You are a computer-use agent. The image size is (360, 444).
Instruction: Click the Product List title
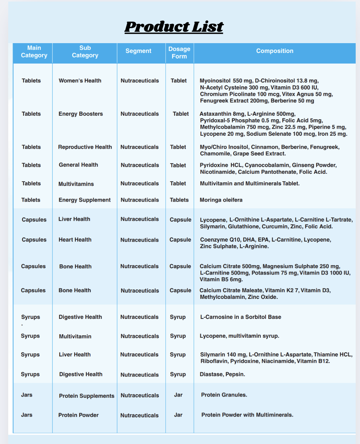click(x=174, y=27)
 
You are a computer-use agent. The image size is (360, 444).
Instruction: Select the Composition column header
click(x=275, y=51)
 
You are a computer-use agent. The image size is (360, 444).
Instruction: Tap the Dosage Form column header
click(x=179, y=53)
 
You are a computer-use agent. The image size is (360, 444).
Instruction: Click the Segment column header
click(x=138, y=51)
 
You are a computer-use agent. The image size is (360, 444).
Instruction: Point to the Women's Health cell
click(x=80, y=81)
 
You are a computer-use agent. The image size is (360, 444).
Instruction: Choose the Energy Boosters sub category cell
click(x=81, y=114)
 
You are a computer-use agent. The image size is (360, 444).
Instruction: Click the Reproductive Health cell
click(x=85, y=147)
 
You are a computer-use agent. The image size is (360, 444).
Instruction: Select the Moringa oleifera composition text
click(x=221, y=200)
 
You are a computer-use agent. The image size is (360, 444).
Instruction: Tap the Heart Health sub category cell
click(x=75, y=240)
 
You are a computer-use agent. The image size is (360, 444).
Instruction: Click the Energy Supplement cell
click(x=85, y=200)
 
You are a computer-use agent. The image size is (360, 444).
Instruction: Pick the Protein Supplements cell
click(x=87, y=396)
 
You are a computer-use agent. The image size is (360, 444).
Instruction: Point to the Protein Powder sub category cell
click(x=78, y=415)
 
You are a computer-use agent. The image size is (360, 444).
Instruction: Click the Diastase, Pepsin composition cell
click(x=222, y=374)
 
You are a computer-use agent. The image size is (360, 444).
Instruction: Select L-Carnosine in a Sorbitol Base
click(x=240, y=317)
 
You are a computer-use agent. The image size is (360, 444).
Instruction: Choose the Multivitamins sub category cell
click(x=76, y=184)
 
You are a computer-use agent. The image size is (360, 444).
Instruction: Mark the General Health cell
click(x=78, y=165)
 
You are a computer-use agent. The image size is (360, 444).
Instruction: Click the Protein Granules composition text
click(x=224, y=395)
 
